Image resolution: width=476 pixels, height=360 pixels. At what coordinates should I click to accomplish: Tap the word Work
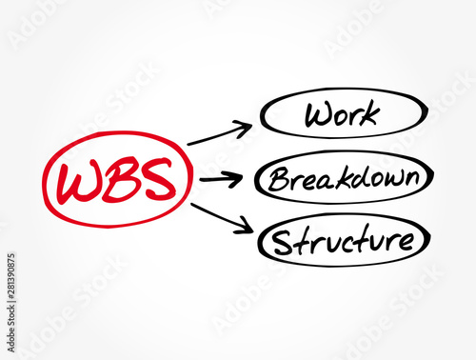coord(341,115)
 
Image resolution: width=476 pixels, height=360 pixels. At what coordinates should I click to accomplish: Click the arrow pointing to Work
coord(220,134)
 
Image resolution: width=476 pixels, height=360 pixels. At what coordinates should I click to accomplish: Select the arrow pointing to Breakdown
coord(223,177)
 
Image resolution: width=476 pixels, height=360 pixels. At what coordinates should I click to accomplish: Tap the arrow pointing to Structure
coord(222,217)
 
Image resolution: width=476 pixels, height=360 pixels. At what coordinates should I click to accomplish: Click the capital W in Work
coord(317,115)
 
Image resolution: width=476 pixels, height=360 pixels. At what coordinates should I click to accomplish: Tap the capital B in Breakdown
coord(278,178)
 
